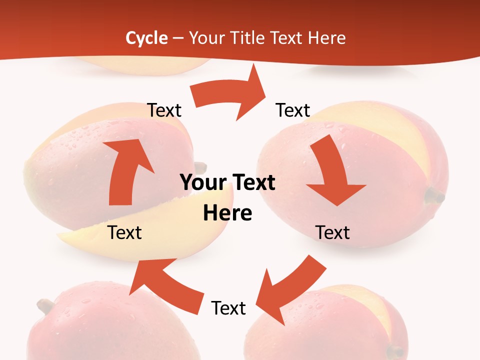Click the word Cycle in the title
(146, 38)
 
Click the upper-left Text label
(164, 110)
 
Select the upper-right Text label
(293, 110)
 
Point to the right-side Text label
(332, 232)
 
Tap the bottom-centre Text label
(228, 308)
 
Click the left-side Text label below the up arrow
(124, 232)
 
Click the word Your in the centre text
(199, 183)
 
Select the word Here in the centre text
(227, 213)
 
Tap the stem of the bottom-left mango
(45, 305)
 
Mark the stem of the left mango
(200, 167)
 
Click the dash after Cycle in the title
(178, 38)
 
